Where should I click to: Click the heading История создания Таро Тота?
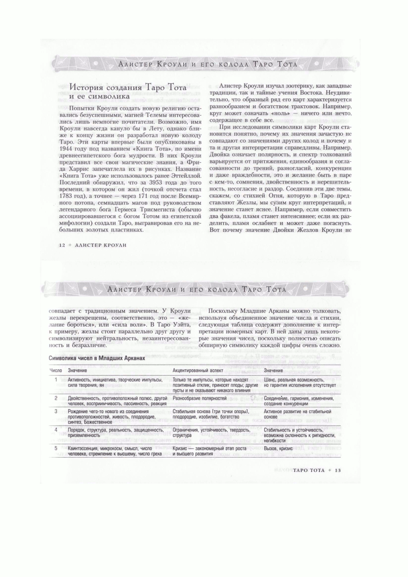pyautogui.click(x=128, y=87)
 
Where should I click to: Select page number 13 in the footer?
pyautogui.click(x=338, y=470)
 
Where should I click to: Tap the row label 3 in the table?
pyautogui.click(x=56, y=411)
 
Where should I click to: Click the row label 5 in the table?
pyautogui.click(x=56, y=448)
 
